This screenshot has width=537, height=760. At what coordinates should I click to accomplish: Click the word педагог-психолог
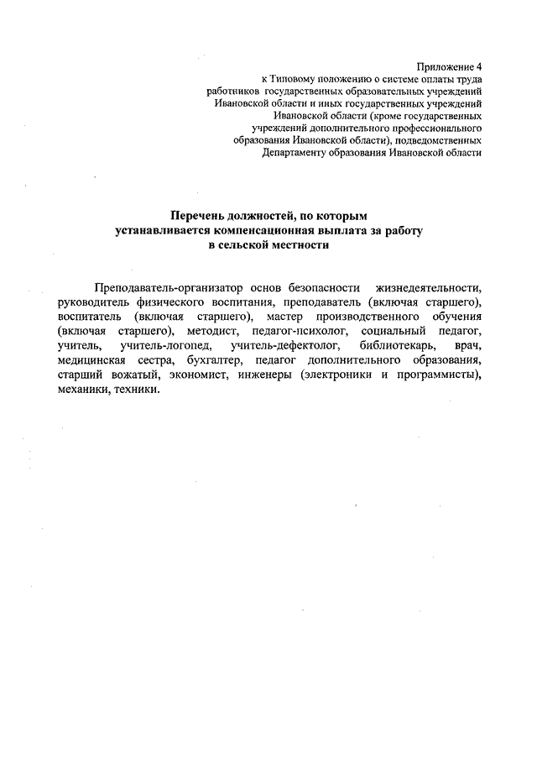[x=291, y=331]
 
